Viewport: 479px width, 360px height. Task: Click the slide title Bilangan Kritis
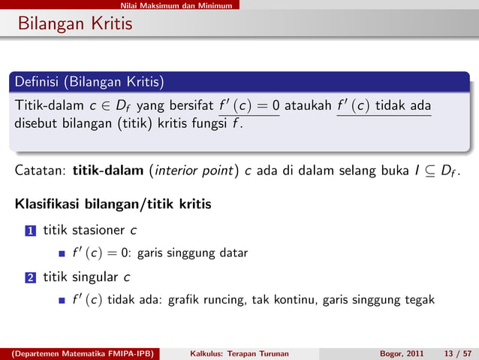[x=71, y=24]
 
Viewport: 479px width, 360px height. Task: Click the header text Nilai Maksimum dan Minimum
[x=179, y=5]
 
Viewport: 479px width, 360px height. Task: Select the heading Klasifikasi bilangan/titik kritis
[x=112, y=204]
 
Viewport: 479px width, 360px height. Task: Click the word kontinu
[x=294, y=301]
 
